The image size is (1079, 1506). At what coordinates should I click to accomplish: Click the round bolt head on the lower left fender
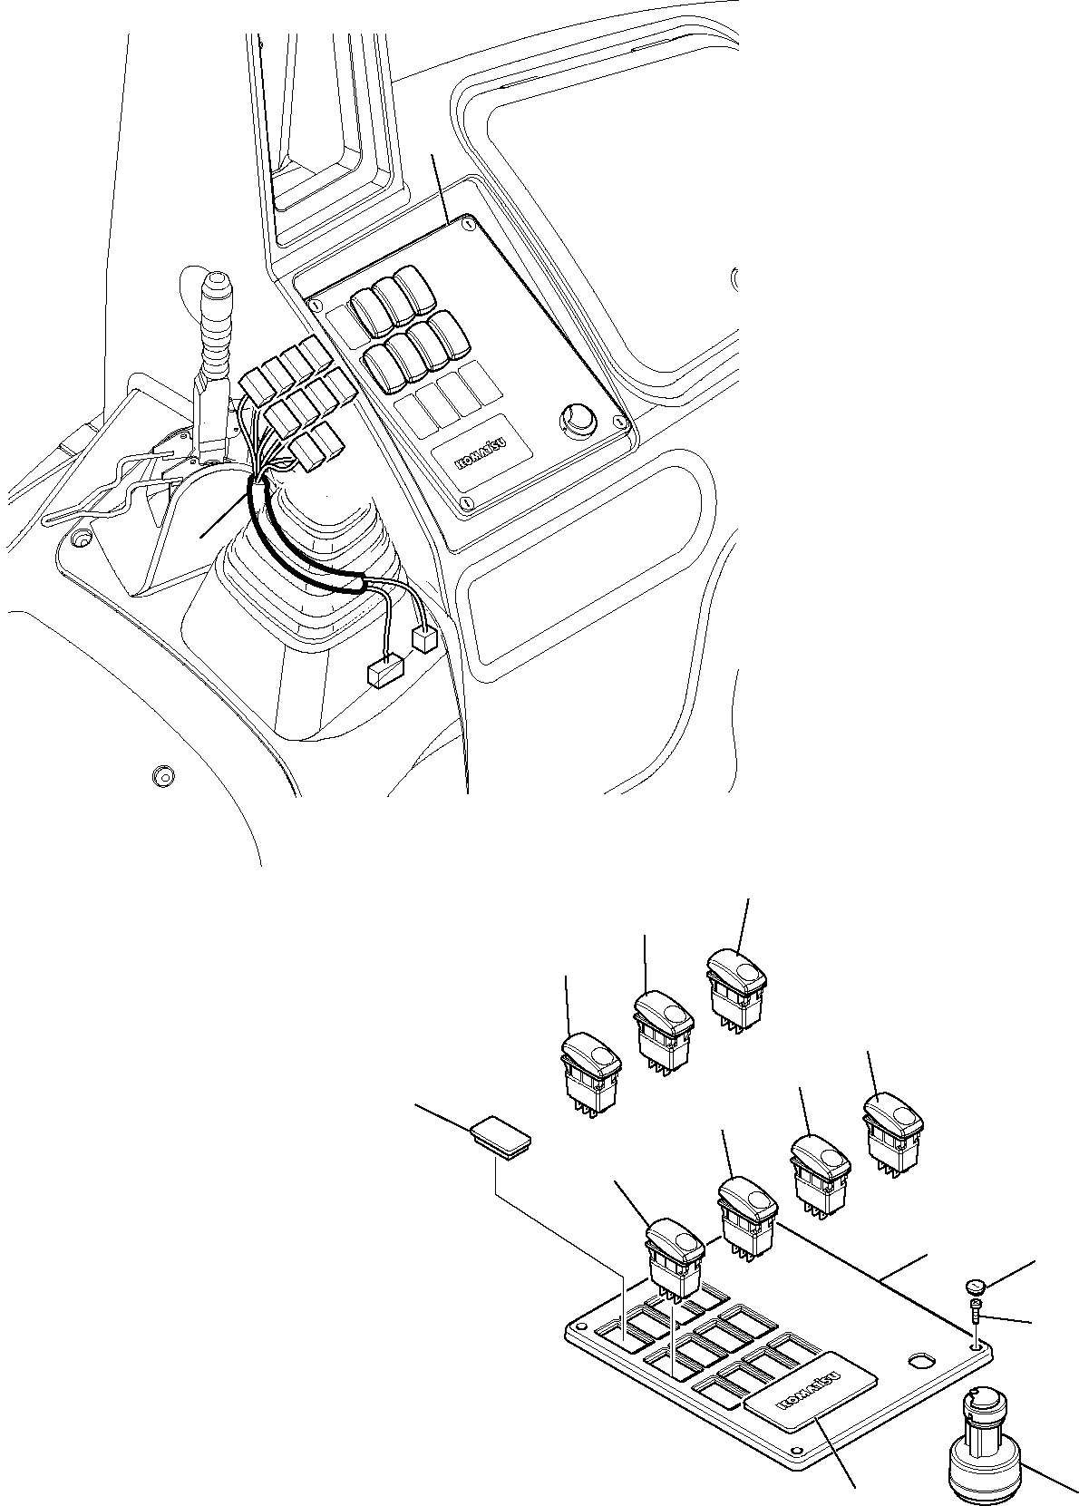coord(163,776)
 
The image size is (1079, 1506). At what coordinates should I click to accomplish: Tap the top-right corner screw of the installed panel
coord(468,220)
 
